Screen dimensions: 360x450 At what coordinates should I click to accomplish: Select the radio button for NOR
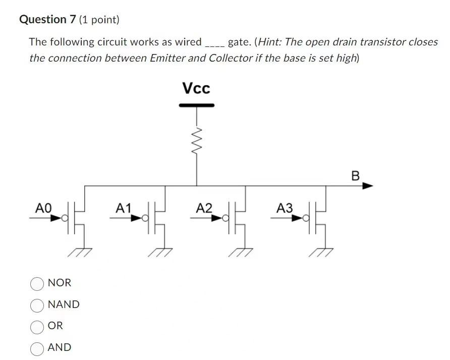[x=37, y=284]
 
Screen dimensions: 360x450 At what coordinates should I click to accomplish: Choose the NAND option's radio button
[x=37, y=305]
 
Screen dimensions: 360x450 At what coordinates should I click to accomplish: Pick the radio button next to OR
[x=37, y=327]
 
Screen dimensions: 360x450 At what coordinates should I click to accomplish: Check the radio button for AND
[x=37, y=348]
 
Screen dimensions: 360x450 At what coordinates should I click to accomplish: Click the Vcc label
[x=196, y=89]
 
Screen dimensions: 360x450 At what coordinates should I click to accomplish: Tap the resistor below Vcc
[x=197, y=141]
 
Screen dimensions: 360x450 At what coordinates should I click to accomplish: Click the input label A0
[x=43, y=208]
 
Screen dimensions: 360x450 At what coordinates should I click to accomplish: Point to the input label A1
[x=124, y=208]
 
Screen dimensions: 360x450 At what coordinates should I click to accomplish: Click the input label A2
[x=204, y=208]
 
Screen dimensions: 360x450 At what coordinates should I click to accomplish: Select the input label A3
[x=285, y=208]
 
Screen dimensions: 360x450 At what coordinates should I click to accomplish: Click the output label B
[x=355, y=176]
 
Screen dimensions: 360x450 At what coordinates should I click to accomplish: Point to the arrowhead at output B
[x=368, y=186]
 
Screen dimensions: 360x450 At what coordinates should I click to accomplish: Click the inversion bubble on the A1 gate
[x=145, y=219]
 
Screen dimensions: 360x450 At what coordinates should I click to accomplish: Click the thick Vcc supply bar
[x=197, y=106]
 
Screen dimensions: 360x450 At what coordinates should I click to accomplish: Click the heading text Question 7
[x=47, y=20]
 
